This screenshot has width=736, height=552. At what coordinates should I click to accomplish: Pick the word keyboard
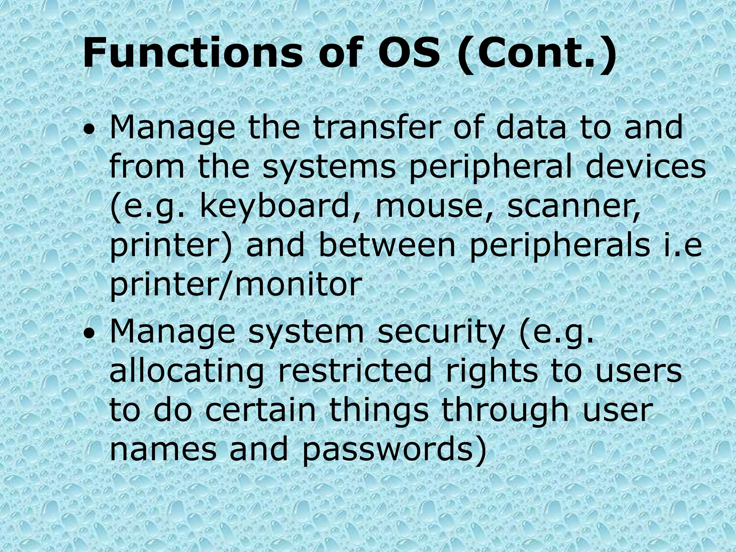[x=275, y=208]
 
